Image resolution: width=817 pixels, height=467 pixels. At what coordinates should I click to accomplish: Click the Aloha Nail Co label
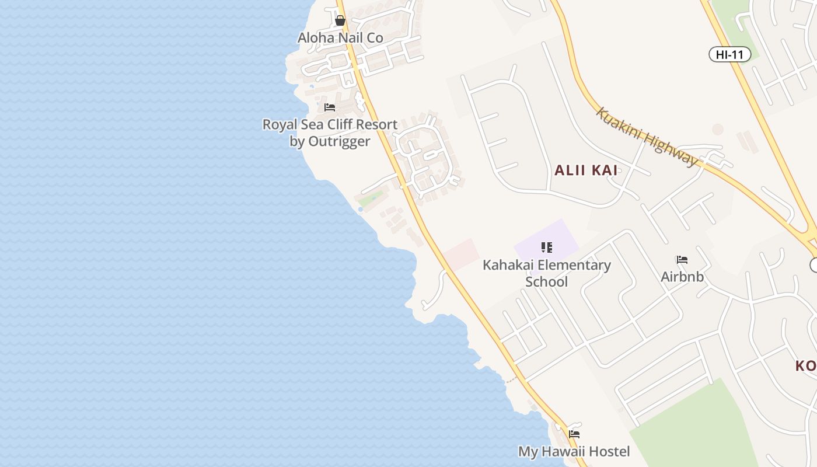(x=340, y=38)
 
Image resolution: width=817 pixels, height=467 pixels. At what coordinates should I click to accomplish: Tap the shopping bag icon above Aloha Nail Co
(x=340, y=21)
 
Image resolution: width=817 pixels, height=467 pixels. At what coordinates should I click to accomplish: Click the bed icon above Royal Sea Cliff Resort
(x=330, y=107)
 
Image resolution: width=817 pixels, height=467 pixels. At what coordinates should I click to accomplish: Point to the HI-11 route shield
(x=729, y=55)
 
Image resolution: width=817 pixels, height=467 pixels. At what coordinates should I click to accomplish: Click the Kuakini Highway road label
(x=647, y=137)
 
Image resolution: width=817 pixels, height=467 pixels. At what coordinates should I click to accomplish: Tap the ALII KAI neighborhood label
(x=585, y=170)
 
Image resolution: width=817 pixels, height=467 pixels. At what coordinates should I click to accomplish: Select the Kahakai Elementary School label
(x=547, y=273)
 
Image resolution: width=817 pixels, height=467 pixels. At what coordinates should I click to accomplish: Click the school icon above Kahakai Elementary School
(x=547, y=248)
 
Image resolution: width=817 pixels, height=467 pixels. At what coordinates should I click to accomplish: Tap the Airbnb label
(x=682, y=277)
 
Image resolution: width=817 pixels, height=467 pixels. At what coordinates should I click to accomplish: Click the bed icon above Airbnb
(x=682, y=260)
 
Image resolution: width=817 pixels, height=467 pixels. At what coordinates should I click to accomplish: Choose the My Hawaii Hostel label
(x=574, y=452)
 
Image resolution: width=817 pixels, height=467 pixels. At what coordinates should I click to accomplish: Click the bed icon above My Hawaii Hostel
(x=574, y=434)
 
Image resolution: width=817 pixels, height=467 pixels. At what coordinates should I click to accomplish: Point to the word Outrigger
(x=338, y=142)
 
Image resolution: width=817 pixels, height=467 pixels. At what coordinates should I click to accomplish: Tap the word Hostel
(x=609, y=452)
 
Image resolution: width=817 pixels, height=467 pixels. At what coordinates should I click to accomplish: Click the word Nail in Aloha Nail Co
(x=346, y=38)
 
